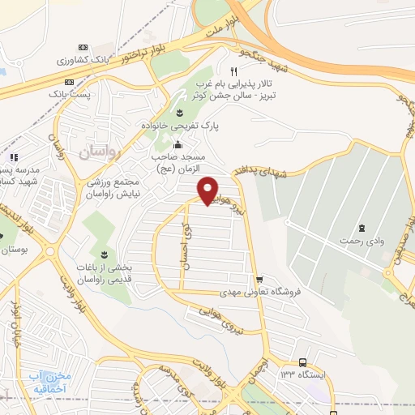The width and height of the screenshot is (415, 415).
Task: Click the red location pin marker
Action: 208,190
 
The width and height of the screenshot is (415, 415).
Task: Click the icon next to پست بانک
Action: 69,82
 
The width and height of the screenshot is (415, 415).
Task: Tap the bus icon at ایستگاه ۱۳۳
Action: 302,363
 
